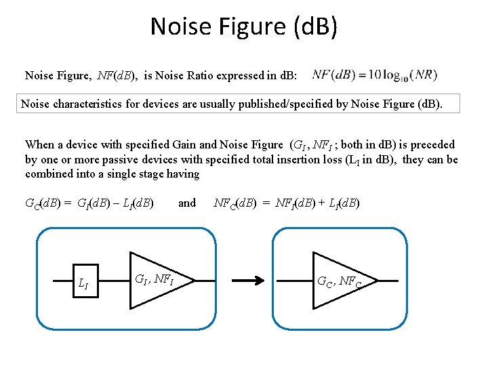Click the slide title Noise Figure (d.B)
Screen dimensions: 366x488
coord(243,26)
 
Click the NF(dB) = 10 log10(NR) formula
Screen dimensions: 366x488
coord(375,75)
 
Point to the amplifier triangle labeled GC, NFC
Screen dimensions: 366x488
coord(342,279)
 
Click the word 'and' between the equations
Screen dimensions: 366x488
coord(186,203)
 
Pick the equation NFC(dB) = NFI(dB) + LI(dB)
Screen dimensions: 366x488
coord(286,203)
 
